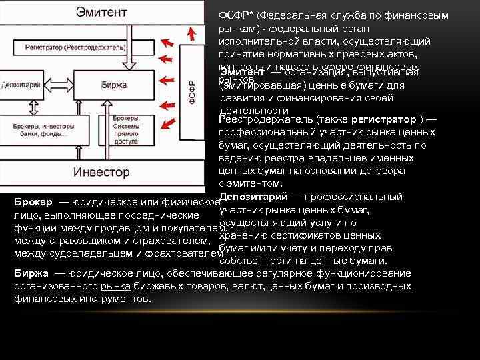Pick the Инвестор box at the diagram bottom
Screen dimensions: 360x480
point(101,171)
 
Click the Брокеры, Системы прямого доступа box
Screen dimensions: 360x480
point(125,129)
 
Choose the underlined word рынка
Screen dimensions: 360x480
point(113,286)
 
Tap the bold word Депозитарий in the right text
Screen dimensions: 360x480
point(254,197)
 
